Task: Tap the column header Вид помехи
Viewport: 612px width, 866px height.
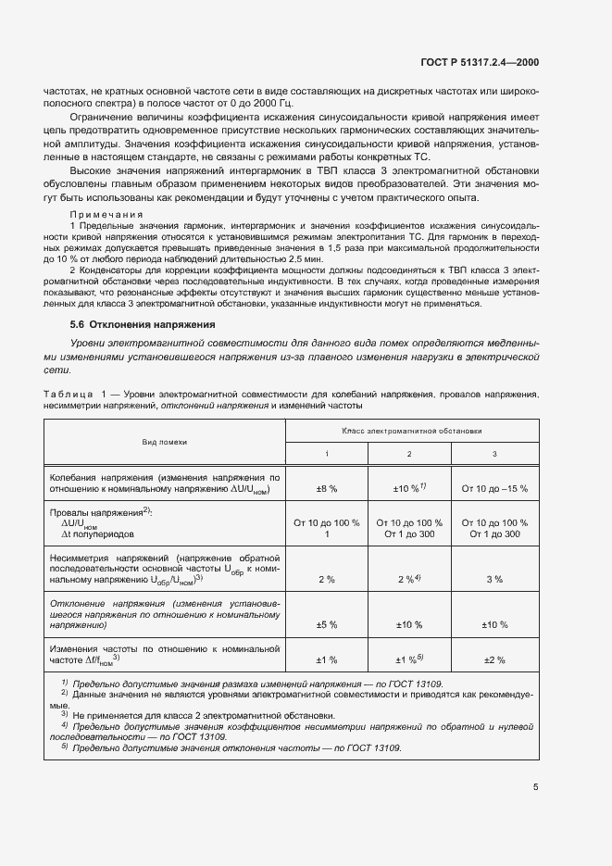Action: click(164, 443)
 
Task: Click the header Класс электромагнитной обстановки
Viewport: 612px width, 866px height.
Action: click(411, 431)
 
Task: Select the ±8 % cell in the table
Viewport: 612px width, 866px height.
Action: click(327, 488)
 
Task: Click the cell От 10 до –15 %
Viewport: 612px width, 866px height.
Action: click(494, 488)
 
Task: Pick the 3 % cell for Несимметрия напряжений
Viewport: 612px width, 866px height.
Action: click(494, 579)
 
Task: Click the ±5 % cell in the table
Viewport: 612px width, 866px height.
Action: click(327, 625)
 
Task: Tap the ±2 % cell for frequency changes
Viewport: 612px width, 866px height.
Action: click(494, 659)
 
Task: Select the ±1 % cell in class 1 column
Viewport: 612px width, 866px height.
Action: click(327, 659)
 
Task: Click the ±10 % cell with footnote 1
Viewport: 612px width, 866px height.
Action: click(409, 487)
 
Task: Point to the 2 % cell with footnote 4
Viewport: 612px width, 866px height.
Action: click(409, 578)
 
